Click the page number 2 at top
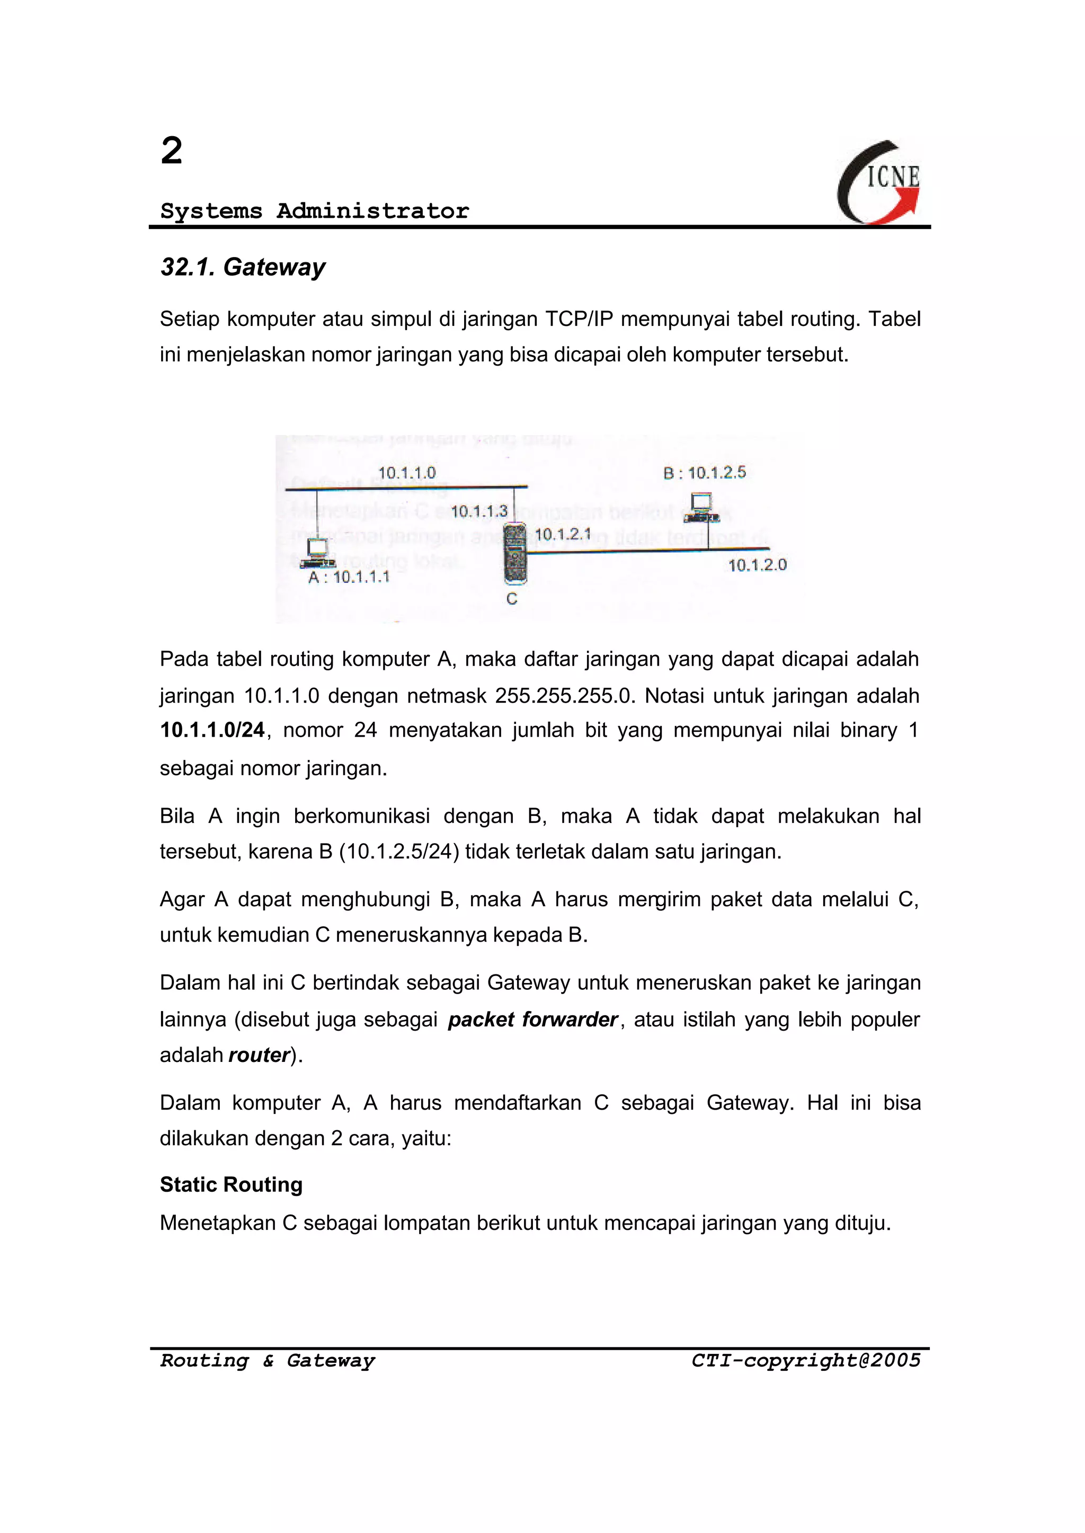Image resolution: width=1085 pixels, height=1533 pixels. [x=172, y=150]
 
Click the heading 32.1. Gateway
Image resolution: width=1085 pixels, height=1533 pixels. [x=243, y=267]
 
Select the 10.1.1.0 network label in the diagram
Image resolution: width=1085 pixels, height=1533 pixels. [x=406, y=473]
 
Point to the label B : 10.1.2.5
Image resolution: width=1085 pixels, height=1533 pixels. [x=704, y=473]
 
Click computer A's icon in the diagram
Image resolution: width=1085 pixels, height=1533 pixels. [x=318, y=553]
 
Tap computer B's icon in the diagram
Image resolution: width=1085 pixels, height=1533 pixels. [x=701, y=507]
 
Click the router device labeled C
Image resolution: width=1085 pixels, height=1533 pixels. [x=514, y=553]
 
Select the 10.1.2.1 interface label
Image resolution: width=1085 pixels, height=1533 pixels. [x=563, y=534]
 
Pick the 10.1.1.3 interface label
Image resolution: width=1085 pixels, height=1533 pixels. [x=478, y=511]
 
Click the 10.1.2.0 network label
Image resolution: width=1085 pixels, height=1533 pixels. [x=757, y=565]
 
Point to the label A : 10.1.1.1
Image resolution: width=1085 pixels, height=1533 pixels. [x=348, y=578]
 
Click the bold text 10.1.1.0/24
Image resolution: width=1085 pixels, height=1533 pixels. [x=212, y=730]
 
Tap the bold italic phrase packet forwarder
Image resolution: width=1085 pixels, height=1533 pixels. [x=532, y=1019]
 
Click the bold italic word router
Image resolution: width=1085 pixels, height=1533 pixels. [x=259, y=1055]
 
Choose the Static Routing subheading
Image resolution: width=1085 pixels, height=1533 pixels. [x=231, y=1184]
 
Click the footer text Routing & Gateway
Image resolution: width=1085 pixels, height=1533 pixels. [x=267, y=1361]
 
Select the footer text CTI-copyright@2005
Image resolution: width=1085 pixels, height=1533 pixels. [x=806, y=1361]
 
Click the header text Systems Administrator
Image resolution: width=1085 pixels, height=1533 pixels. [x=315, y=211]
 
